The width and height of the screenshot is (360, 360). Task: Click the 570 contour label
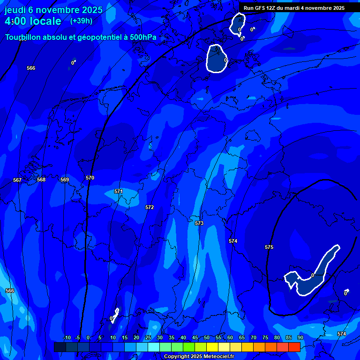[90, 178]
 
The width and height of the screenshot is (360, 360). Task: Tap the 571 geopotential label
[119, 191]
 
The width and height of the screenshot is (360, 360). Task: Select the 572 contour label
[150, 207]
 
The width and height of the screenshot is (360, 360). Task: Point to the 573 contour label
[199, 223]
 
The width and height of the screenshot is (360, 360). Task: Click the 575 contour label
[269, 247]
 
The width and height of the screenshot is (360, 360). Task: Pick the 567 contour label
[17, 180]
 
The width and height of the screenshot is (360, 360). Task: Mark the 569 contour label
[65, 180]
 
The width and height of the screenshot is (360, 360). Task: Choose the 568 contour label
[41, 180]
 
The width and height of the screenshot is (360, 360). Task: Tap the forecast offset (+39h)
[81, 21]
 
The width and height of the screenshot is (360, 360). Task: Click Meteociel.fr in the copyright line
[218, 357]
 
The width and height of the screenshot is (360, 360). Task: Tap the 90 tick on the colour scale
[300, 337]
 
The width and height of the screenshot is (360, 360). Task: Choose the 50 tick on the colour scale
[206, 337]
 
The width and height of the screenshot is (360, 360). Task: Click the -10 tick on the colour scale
[67, 337]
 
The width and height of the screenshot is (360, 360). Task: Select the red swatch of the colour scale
[294, 347]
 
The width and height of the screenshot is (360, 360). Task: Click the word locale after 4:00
[45, 21]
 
